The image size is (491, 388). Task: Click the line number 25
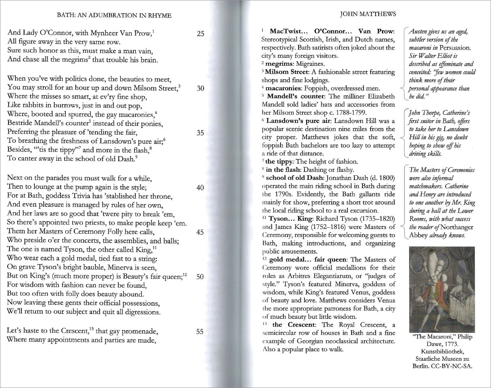coord(200,34)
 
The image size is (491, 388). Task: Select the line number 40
coord(200,188)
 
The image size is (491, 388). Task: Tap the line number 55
coord(199,331)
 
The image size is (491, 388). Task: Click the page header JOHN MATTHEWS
coord(368,14)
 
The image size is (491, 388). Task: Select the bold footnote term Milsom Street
coord(283,72)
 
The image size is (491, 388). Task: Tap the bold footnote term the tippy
coord(279,162)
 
